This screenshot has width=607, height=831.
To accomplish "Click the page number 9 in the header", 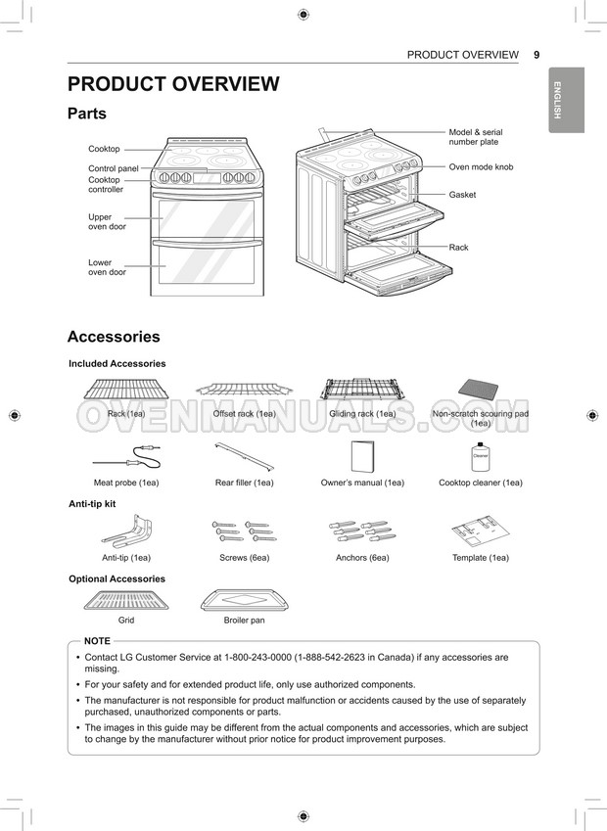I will pos(537,55).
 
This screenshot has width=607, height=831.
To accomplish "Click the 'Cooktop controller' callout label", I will pos(106,185).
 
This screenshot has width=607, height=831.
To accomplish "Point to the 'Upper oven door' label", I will pos(107,222).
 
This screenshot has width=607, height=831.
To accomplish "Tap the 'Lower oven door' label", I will pos(107,267).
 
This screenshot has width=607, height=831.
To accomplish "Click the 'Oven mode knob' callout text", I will pos(481,167).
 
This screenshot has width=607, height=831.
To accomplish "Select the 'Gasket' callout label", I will pos(462,195).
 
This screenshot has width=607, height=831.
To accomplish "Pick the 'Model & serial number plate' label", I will pos(476,137).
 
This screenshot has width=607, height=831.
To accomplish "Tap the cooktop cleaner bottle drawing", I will pos(481,457).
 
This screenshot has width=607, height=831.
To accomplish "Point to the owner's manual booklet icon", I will pos(363,457).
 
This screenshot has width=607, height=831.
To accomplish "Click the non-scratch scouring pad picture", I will pos(481,393).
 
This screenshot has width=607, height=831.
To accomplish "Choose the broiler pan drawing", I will pos(244,599).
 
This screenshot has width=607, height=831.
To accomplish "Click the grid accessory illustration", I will pos(126,599).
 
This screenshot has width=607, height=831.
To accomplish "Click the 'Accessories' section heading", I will pos(114,337).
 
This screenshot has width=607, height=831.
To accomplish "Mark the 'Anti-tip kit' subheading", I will pos(92,503).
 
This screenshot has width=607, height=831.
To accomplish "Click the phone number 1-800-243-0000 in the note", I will pos(259,658).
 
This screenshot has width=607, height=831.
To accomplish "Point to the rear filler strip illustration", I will pos(244,455).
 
